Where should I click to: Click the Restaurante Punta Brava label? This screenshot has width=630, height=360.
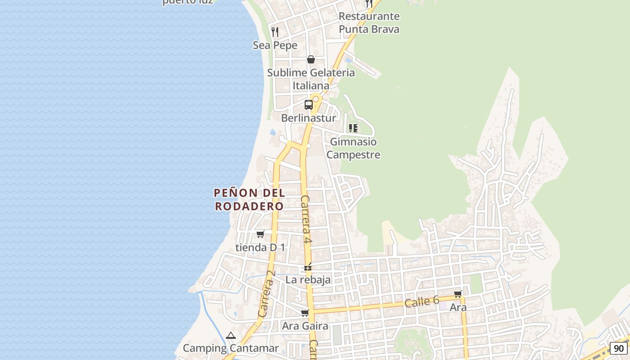pos(369,22)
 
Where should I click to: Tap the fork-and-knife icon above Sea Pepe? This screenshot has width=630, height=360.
pos(275,31)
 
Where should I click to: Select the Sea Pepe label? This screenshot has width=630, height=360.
pos(275,45)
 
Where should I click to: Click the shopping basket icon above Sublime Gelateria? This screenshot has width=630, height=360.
pos(310,59)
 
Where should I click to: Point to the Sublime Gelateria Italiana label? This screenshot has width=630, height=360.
pos(311,79)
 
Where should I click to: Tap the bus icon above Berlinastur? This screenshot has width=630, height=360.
pos(309,105)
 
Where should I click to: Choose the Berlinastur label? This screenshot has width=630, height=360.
pos(309,118)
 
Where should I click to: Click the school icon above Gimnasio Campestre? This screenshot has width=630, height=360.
pos(353,128)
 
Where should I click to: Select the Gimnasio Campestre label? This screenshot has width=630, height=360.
pos(353,148)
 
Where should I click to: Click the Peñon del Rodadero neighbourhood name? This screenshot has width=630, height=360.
pos(249,199)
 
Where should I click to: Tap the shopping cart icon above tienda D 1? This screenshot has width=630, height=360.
pos(260,234)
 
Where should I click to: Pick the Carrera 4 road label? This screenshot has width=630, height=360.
pos(306,220)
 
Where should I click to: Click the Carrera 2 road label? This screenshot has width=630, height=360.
pos(266,293)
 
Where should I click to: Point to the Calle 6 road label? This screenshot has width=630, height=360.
pos(421,302)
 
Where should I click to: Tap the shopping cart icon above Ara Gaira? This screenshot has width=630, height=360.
pos(305,313)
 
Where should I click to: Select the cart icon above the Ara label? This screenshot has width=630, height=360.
pos(458,294)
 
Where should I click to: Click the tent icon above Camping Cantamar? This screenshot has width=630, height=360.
pos(231,335)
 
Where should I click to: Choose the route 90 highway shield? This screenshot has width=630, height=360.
pos(619,348)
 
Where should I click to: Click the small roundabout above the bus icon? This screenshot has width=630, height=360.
pos(316,99)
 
